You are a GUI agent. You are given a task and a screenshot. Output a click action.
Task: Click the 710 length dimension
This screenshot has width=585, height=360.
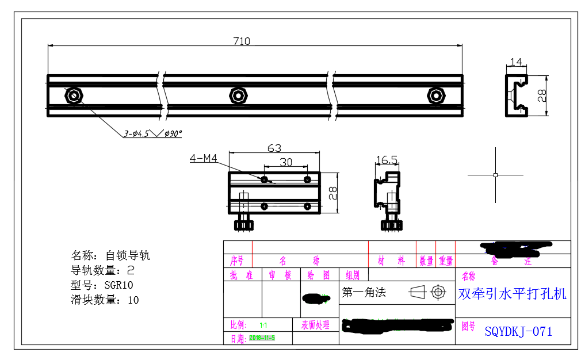pos(242,41)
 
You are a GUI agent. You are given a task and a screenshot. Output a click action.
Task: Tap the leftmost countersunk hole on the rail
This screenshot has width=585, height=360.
pos(74,95)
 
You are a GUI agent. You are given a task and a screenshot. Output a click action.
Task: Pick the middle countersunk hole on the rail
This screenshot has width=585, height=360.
pos(238,95)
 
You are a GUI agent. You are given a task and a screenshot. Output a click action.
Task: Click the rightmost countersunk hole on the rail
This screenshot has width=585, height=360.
pos(436,95)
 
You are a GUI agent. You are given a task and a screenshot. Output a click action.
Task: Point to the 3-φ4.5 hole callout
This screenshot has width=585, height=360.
pos(152,133)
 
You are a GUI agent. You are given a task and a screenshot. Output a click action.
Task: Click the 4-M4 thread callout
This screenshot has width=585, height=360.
pos(203,158)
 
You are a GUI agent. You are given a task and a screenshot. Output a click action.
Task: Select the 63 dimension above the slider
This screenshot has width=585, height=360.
pos(274,148)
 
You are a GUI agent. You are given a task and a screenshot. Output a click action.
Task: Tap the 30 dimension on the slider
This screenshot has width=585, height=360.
pos(286,162)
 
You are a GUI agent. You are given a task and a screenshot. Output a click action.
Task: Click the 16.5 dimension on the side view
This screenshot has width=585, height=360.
pos(387,159)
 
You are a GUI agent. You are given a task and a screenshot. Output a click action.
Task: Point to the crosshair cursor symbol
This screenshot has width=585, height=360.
pos(495,174)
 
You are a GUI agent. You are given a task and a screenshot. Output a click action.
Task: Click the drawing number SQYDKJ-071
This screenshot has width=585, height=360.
pos(518,332)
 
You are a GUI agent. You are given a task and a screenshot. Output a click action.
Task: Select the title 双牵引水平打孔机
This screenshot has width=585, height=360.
pos(512,294)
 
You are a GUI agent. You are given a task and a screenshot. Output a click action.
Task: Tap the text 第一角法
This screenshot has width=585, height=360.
pos(364,293)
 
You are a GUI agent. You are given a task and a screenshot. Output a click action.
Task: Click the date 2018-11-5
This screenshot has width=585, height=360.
pos(262,338)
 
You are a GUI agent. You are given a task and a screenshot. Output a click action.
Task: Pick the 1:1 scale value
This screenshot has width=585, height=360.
pos(263,325)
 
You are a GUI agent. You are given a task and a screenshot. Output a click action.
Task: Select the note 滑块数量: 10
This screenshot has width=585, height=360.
pos(105,300)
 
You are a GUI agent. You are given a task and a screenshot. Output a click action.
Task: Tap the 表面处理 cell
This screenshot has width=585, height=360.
pos(315,325)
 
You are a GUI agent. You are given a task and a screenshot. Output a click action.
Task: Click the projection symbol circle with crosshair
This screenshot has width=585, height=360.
pos(439,292)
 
